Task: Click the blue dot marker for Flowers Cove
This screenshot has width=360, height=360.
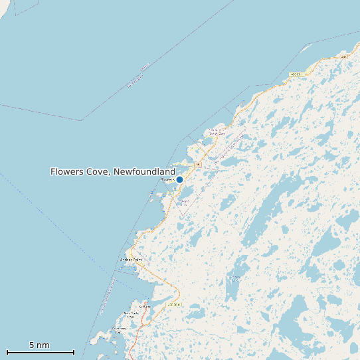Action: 179,179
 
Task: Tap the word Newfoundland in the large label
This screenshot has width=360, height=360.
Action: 144,171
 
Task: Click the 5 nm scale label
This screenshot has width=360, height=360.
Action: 39,345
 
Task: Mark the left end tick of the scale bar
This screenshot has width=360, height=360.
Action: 7,352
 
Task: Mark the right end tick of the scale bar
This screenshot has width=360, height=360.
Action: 74,352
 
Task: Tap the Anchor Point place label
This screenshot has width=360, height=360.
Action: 130,260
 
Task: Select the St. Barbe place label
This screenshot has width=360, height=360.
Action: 145,306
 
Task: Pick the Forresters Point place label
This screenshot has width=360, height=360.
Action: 120,330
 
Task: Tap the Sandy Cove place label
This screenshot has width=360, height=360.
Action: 217,132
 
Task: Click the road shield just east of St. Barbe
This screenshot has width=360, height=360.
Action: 174,304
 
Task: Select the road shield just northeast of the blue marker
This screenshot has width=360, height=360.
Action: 197,163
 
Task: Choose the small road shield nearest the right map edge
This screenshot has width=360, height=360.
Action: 344,57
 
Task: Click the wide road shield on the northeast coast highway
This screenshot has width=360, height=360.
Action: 296,74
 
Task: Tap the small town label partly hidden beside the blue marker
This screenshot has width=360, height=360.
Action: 167,179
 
